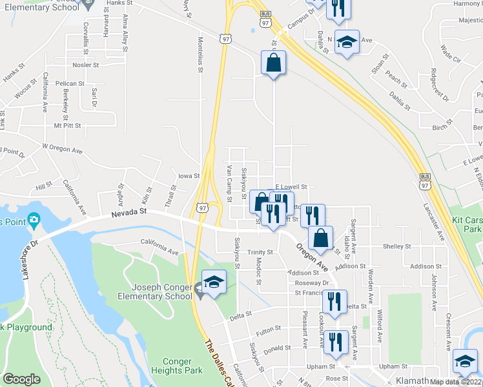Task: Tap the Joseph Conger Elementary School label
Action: [x=161, y=292]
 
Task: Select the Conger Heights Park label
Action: [x=176, y=366]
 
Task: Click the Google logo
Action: [x=21, y=379]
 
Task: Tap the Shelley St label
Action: [x=396, y=246]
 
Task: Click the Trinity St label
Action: [x=261, y=252]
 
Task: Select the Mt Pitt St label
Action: [x=68, y=126]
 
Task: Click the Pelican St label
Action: [x=70, y=84]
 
